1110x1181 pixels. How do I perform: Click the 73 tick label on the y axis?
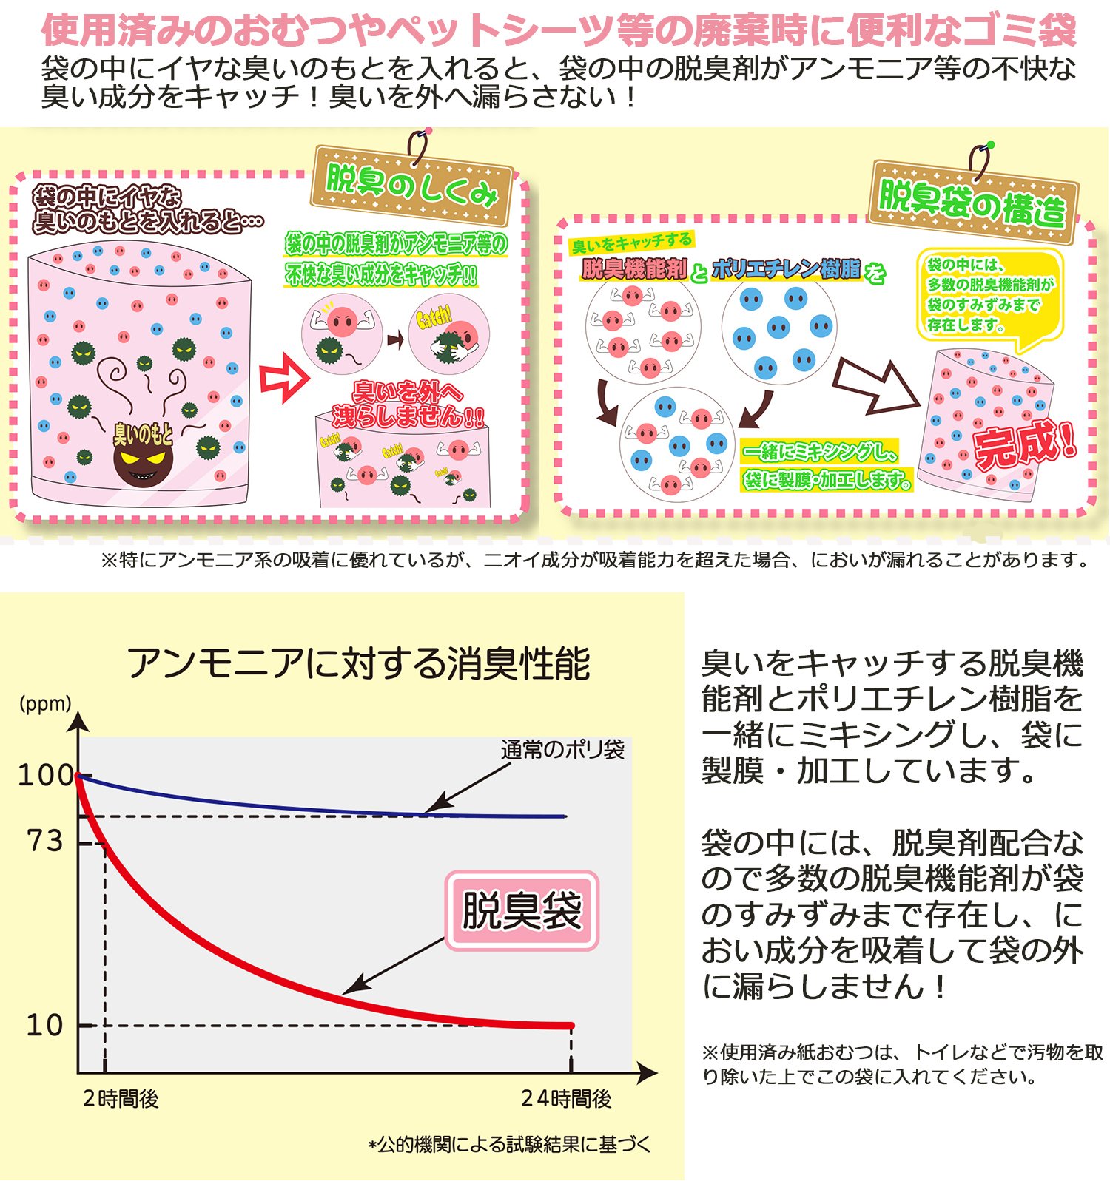pos(45,841)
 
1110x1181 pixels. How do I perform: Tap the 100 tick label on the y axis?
pos(45,775)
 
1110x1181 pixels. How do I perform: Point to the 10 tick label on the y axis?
pos(44,1025)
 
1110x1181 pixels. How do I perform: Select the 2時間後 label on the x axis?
pos(121,1099)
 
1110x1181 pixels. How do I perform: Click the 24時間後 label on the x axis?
pos(566,1099)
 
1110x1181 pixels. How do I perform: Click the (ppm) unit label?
pos(45,703)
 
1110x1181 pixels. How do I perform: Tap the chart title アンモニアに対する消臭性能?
pos(359,663)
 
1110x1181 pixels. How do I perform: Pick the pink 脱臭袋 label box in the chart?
pos(522,910)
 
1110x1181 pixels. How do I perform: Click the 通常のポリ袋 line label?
pos(562,750)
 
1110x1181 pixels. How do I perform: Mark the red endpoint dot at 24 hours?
pos(571,1026)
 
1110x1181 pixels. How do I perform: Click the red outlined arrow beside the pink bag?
pos(283,379)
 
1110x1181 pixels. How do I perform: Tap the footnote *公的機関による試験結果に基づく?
pos(510,1145)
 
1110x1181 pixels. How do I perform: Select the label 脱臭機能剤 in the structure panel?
pos(634,270)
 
